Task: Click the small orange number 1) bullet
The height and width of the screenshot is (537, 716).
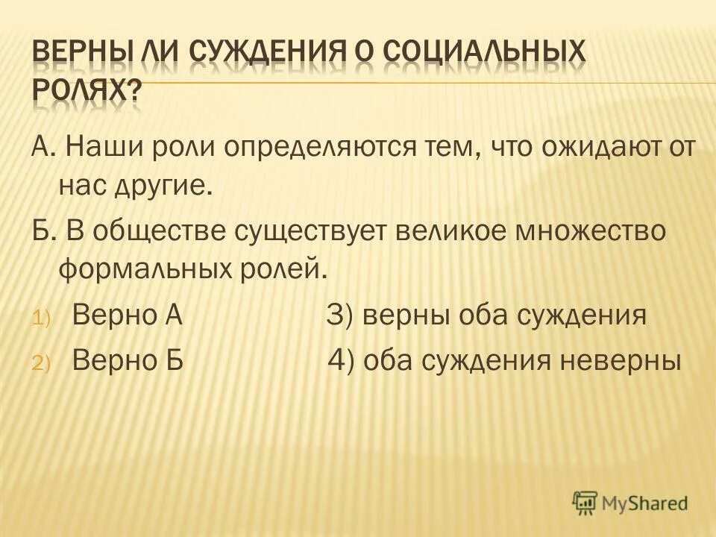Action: point(40,319)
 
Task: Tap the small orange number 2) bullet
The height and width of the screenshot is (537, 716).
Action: point(40,363)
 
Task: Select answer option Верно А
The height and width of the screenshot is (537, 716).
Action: point(128,316)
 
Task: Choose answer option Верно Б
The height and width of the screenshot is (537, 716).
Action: point(128,360)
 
